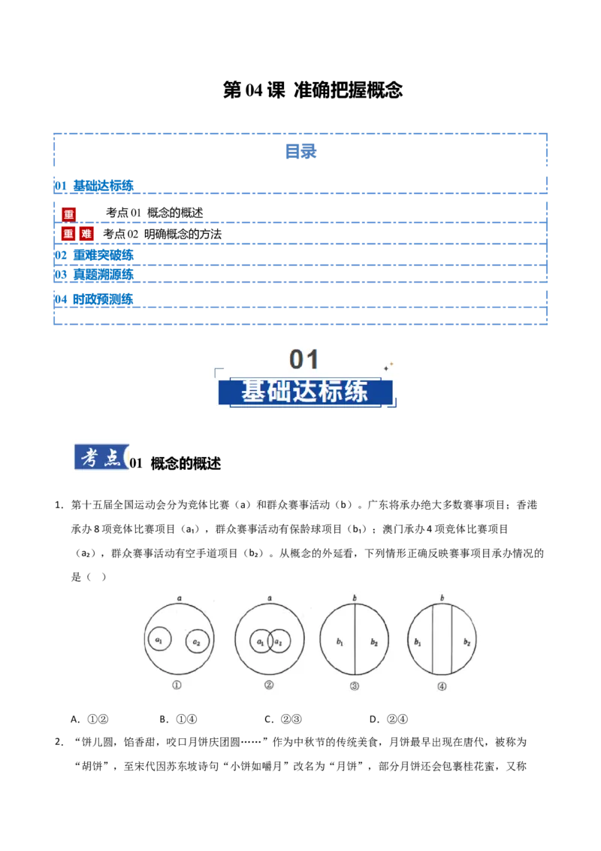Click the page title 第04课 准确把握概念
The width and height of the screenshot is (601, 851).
click(x=313, y=90)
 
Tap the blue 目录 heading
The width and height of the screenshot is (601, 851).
click(x=301, y=151)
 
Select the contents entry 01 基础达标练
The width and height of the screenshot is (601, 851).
click(x=94, y=186)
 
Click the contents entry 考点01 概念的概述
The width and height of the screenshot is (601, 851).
click(x=154, y=213)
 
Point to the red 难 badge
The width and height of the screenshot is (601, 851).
click(x=86, y=234)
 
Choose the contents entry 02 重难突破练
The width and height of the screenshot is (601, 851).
click(x=94, y=255)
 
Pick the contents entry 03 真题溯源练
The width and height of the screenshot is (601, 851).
click(x=94, y=274)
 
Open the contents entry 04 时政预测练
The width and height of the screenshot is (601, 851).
click(x=94, y=299)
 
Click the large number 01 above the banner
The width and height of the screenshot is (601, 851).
click(x=304, y=359)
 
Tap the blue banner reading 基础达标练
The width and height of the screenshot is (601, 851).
click(x=305, y=392)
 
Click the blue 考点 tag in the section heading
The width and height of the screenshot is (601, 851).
click(x=101, y=458)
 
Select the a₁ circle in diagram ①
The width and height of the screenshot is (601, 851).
click(x=159, y=640)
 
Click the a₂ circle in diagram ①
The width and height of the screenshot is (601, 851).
click(x=197, y=642)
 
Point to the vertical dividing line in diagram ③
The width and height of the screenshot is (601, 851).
click(x=355, y=640)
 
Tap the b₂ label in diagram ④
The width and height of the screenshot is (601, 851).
click(x=467, y=642)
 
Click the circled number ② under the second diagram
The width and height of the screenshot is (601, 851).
click(x=269, y=685)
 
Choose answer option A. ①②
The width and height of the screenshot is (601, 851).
click(x=89, y=719)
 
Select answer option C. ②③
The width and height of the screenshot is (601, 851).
click(x=283, y=719)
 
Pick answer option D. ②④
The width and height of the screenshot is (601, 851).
click(x=388, y=719)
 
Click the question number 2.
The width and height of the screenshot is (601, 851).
click(x=59, y=742)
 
